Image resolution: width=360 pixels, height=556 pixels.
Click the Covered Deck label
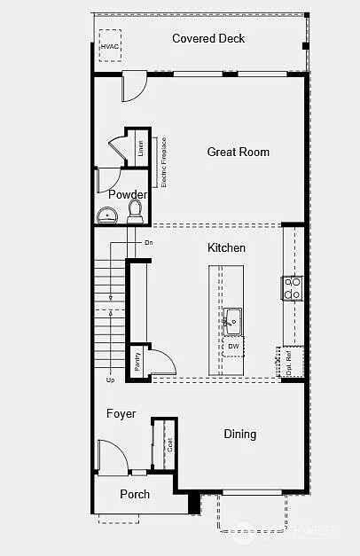(208, 39)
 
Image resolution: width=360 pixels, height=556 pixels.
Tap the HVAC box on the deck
(110, 46)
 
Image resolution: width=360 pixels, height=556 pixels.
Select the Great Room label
(238, 152)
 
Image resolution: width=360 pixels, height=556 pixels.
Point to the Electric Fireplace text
(163, 161)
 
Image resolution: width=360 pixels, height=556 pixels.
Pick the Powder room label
(128, 194)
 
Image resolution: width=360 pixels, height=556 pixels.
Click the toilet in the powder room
(136, 210)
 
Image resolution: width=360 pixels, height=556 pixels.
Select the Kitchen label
(226, 247)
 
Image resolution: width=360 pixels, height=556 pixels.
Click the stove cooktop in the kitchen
(293, 287)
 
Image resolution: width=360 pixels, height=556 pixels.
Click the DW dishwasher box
(232, 346)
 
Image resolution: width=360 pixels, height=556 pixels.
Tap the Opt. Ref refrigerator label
(289, 362)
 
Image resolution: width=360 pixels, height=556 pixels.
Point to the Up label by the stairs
(110, 380)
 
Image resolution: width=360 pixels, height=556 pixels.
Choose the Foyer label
(121, 414)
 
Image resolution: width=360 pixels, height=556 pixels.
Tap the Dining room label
(239, 434)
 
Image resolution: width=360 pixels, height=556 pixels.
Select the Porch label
(135, 494)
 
